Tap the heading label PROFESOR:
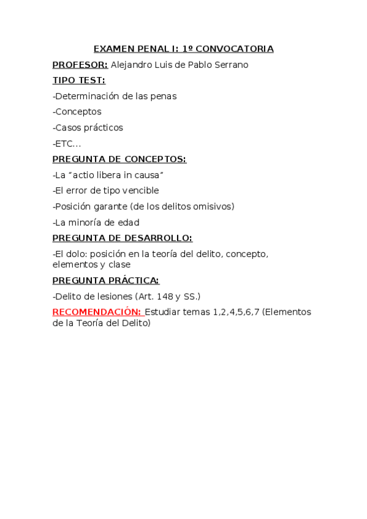[x=80, y=64]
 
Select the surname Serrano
[x=232, y=64]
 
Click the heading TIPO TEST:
[x=78, y=80]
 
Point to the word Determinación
[x=84, y=96]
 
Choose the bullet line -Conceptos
[x=77, y=112]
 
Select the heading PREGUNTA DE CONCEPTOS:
[x=119, y=159]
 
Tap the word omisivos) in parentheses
[x=212, y=207]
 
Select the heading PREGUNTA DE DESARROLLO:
[x=122, y=238]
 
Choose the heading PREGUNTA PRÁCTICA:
[x=105, y=280]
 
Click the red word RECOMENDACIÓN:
[x=97, y=312]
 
